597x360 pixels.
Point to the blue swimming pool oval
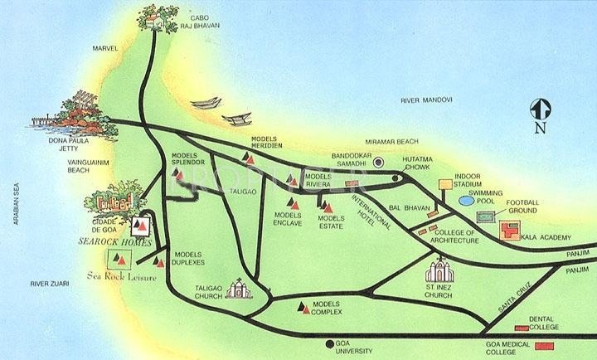[x=468, y=200]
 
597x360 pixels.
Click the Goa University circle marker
[x=330, y=343]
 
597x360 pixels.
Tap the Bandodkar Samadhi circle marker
[x=378, y=162]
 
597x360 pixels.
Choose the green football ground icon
[x=488, y=216]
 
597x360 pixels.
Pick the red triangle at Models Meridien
[x=246, y=157]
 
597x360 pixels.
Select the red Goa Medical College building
[x=545, y=345]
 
